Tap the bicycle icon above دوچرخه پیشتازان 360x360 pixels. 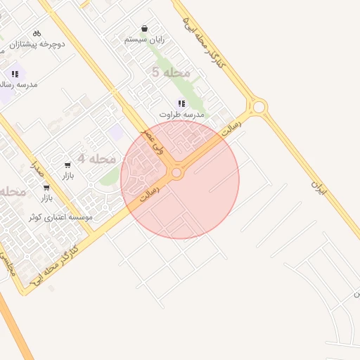click(x=37, y=32)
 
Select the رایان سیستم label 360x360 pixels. click(x=144, y=40)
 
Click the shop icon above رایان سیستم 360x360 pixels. click(x=144, y=29)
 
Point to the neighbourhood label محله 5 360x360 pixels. click(x=171, y=72)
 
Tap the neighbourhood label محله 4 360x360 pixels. click(x=96, y=159)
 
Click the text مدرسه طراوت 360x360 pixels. click(x=181, y=114)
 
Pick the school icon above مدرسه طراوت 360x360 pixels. click(x=181, y=103)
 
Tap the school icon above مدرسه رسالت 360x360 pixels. click(x=14, y=73)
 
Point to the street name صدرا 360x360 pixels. click(x=37, y=166)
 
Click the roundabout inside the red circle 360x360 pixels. click(x=176, y=172)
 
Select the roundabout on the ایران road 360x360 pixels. click(x=259, y=107)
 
